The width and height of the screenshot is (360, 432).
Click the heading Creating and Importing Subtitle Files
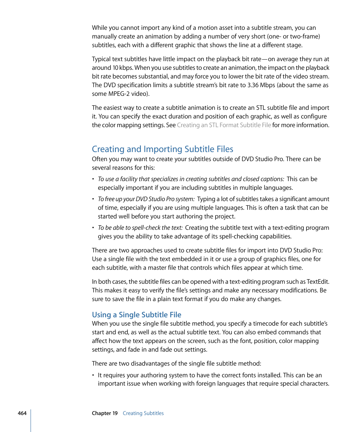coord(163,149)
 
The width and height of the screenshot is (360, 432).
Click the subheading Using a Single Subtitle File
coord(137,315)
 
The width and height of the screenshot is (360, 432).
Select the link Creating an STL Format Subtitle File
coord(224,125)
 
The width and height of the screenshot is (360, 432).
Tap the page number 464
coord(22,413)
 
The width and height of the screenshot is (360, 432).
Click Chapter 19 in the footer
coord(105,413)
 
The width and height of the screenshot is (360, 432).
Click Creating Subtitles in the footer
coord(143,413)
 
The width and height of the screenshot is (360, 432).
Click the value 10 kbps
coord(123,68)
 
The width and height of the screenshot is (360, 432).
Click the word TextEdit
coord(318,282)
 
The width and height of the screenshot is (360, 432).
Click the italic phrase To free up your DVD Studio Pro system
coord(146,199)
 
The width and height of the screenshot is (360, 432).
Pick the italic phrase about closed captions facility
coord(191,179)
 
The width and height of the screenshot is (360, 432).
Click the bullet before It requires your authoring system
coord(93,375)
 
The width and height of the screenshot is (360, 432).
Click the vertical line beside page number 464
coord(31,415)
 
